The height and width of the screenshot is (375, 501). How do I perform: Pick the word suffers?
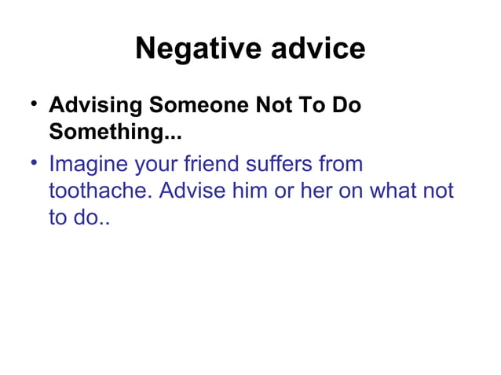click(x=275, y=166)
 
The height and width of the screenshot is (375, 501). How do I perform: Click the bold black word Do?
click(x=346, y=106)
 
